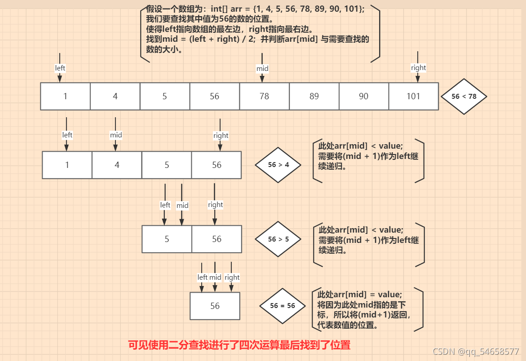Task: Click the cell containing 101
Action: point(413,96)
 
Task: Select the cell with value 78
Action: point(264,96)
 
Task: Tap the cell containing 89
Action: point(314,96)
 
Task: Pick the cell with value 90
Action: point(364,96)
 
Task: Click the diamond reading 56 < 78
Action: point(464,96)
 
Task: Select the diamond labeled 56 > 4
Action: point(278,165)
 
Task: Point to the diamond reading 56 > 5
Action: point(278,239)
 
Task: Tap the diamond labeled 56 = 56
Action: point(283,306)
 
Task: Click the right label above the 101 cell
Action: point(418,68)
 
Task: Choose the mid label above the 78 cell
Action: point(262,68)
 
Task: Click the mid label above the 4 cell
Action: point(116,135)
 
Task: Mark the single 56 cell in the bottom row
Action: point(215,306)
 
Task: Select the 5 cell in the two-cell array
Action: point(167,239)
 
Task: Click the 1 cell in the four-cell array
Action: point(67,165)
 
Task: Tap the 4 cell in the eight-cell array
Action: point(115,96)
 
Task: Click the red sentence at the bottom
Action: point(239,345)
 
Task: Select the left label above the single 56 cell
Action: point(203,277)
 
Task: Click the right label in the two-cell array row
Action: point(215,205)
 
